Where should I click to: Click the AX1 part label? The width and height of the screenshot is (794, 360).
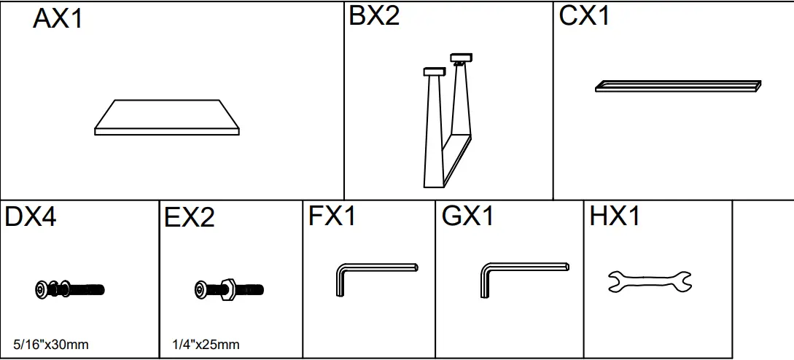(58, 19)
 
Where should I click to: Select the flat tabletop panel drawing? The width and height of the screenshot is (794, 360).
(167, 117)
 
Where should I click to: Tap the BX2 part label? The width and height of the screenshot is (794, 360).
(374, 16)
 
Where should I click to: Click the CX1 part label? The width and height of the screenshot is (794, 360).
(584, 16)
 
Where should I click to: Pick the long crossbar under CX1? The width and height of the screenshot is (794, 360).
(678, 86)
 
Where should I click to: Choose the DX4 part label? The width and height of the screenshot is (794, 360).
(31, 217)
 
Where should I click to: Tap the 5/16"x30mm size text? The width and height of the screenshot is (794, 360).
(51, 344)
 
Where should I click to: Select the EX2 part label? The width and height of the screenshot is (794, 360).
(190, 218)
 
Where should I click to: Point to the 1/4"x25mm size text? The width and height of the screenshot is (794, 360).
(206, 344)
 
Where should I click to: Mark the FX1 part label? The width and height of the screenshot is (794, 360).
(332, 217)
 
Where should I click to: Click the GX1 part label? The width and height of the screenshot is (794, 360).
(468, 217)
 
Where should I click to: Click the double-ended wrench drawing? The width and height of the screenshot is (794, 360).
(650, 281)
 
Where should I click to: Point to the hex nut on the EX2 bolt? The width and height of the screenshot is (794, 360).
(225, 289)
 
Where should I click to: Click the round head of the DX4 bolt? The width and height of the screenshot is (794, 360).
(42, 289)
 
